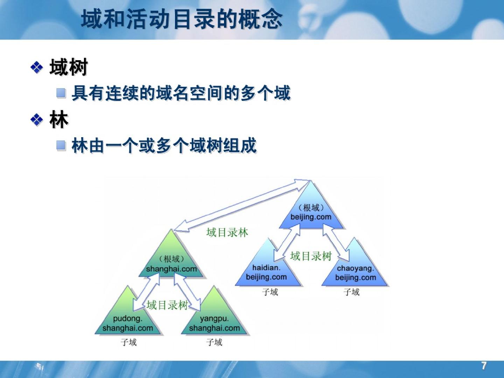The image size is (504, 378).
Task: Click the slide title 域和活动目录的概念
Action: point(182,19)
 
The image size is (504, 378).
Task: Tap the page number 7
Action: point(484,366)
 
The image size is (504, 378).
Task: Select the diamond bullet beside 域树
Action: point(37,68)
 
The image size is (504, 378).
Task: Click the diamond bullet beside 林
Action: point(37,120)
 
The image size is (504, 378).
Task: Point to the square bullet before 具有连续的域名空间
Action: point(61,93)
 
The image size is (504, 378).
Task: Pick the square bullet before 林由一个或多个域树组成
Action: point(61,145)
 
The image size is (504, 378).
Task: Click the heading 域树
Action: point(69,67)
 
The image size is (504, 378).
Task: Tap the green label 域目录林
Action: point(227,232)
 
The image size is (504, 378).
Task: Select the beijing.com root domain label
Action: point(311,217)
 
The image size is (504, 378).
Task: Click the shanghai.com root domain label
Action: point(171,269)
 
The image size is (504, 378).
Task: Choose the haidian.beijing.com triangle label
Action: point(266,272)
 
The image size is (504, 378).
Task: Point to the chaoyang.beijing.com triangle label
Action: point(356,273)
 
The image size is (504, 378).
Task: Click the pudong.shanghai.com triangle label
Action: point(128,323)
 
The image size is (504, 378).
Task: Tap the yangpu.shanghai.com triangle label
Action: point(215,323)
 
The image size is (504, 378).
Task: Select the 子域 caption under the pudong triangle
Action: point(128,342)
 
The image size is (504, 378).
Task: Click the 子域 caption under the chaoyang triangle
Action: point(351,292)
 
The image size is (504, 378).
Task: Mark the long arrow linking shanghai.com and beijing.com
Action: point(241,205)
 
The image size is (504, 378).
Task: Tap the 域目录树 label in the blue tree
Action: point(311,256)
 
